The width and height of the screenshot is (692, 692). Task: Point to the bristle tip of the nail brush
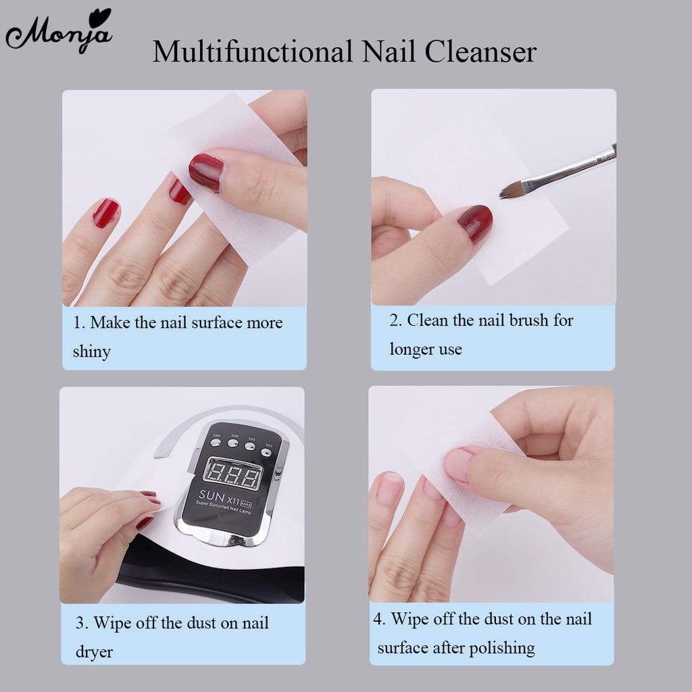(504, 193)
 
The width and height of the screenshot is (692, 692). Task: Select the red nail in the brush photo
(474, 224)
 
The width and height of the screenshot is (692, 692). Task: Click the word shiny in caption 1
(91, 351)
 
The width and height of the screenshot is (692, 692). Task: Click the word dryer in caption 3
(94, 652)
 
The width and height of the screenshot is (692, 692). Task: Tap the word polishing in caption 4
(501, 649)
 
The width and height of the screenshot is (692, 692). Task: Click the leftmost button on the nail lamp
(216, 443)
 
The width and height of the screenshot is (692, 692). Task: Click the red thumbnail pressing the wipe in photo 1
(206, 172)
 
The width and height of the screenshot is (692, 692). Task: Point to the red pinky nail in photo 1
(105, 213)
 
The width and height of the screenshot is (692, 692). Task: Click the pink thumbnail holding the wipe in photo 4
(458, 465)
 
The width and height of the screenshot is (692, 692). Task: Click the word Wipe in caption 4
(411, 619)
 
